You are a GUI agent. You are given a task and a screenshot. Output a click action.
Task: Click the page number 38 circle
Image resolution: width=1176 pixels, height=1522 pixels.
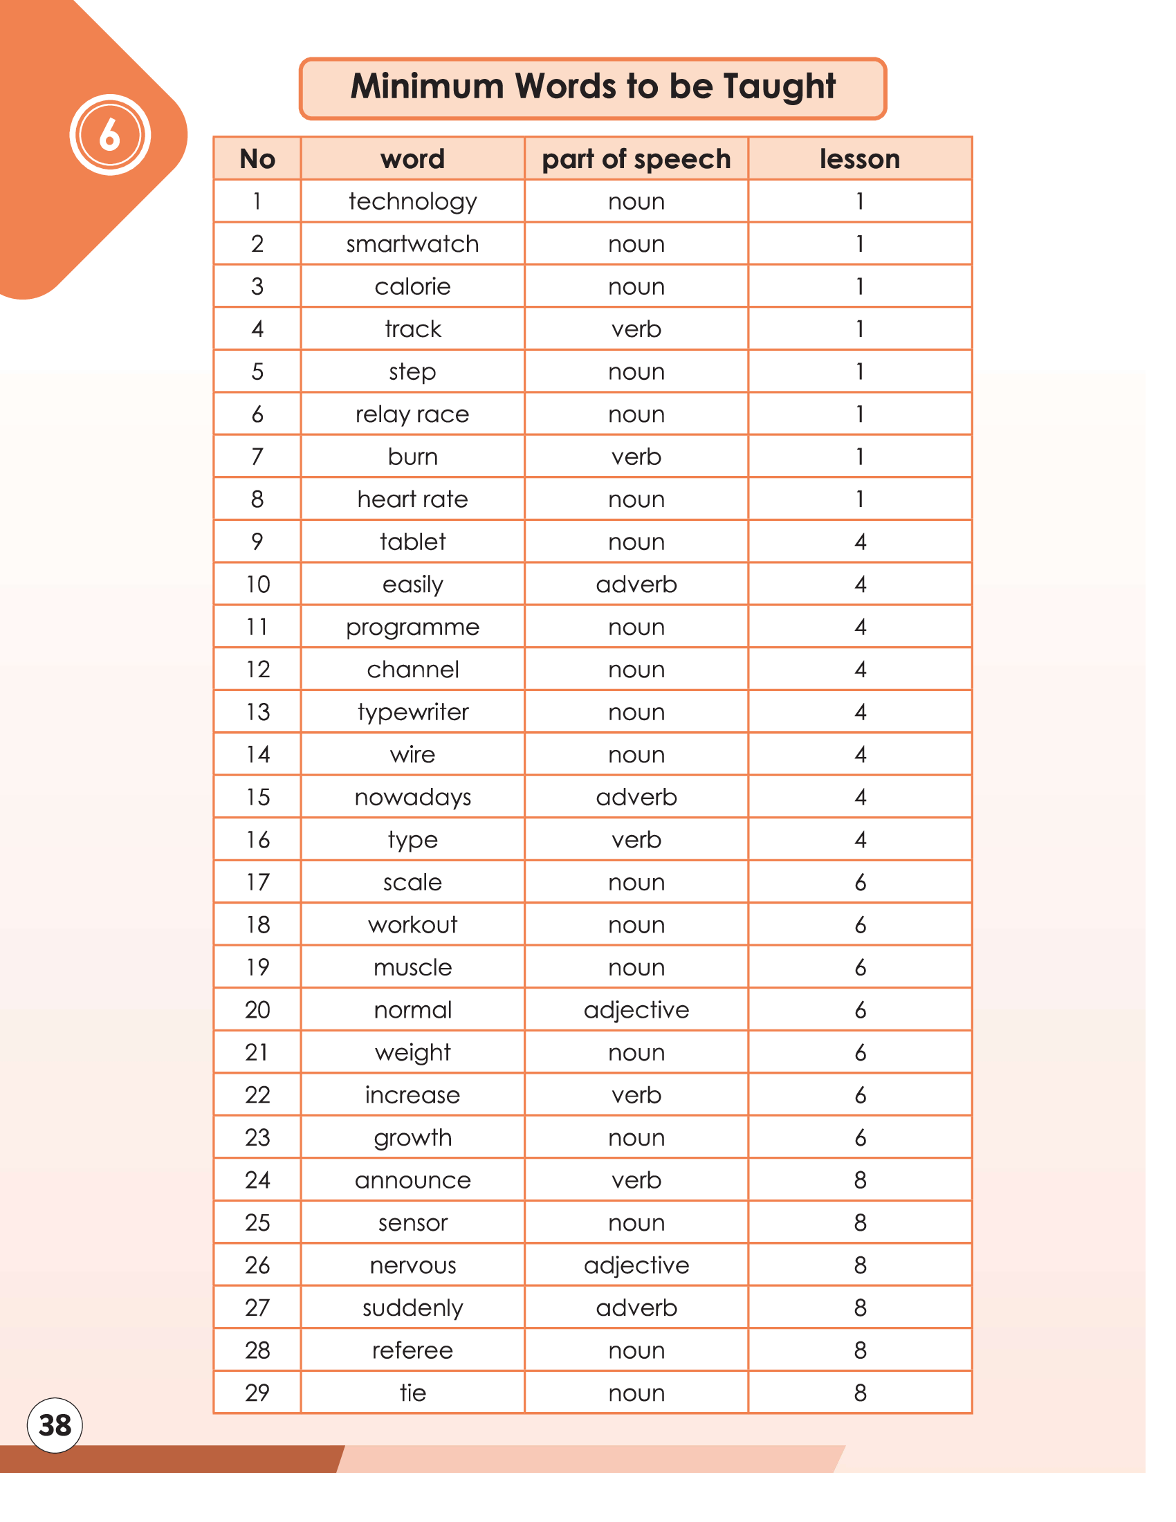click(x=55, y=1425)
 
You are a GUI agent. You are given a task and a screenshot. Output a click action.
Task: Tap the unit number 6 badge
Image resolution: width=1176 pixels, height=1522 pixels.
click(x=110, y=134)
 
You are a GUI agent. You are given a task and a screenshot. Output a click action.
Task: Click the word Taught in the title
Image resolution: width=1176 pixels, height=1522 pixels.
click(x=779, y=86)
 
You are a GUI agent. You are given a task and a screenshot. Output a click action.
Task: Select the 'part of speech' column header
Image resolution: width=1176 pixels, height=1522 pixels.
click(x=636, y=159)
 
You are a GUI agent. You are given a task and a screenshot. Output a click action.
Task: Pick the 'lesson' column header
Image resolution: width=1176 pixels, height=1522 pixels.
click(x=860, y=159)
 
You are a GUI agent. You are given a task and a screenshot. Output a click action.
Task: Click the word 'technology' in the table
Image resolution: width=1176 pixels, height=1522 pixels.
click(x=412, y=201)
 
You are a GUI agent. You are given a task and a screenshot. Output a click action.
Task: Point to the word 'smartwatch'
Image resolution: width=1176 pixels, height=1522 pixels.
click(x=412, y=244)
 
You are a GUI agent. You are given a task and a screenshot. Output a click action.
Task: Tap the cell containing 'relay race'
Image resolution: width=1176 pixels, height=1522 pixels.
click(x=412, y=414)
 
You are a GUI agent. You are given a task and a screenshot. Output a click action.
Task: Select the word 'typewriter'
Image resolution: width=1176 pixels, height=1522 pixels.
click(x=412, y=711)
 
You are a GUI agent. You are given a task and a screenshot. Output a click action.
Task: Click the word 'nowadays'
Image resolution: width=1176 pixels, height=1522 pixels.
click(x=412, y=796)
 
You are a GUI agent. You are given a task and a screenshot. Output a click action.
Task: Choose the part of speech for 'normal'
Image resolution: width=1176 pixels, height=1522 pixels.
click(x=636, y=1010)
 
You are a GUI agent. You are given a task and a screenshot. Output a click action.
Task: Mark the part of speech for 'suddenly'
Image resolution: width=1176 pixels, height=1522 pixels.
click(x=636, y=1308)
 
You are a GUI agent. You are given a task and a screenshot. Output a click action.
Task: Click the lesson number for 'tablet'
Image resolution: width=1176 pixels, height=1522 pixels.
click(x=860, y=542)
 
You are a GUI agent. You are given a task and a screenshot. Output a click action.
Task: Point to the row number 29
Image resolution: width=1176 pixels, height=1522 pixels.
click(x=257, y=1393)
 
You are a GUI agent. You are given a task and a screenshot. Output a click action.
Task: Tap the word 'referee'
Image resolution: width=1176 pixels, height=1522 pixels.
click(x=412, y=1350)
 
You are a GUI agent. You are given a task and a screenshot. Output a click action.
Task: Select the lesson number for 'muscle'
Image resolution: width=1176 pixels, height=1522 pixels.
click(x=860, y=967)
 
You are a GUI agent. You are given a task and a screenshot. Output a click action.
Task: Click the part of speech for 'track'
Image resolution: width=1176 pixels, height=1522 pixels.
click(x=636, y=329)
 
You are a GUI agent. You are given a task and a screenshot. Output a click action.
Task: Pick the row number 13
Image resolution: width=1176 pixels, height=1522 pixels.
click(x=257, y=711)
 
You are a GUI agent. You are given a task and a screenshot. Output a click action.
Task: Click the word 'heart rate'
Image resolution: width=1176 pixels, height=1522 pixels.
click(x=412, y=499)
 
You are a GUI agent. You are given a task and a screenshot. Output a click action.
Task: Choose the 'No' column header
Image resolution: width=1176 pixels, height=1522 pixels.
click(x=257, y=159)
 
